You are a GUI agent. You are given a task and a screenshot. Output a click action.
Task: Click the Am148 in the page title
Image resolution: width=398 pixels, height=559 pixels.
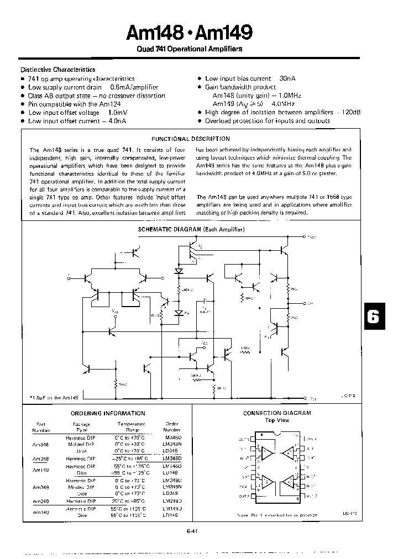pos(154,34)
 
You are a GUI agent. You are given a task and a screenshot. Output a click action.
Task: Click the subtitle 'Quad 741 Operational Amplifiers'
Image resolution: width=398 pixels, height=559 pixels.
pos(190,49)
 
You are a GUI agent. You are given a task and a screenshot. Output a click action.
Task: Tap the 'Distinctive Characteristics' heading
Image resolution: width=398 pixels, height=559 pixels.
pos(58,70)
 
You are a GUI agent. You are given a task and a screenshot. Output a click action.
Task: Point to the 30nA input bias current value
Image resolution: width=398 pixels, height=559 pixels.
pos(288,79)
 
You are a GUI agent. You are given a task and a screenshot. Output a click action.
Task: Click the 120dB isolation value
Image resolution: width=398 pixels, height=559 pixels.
pos(352,112)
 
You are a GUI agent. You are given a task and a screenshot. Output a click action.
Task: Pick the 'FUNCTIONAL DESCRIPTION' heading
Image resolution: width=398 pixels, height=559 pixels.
pos(191,139)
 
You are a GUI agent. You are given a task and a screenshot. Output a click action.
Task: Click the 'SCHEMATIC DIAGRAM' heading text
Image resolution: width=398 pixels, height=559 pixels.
pos(191,229)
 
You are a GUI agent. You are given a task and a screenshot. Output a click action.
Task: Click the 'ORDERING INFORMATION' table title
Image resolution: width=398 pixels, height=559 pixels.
pos(108,413)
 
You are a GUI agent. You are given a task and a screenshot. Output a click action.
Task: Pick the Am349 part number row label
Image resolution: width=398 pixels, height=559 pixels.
pos(40,488)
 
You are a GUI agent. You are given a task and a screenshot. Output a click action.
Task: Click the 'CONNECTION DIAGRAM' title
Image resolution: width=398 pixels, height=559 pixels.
pos(277,413)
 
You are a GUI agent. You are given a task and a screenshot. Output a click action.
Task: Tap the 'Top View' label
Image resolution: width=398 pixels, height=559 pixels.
pos(277,420)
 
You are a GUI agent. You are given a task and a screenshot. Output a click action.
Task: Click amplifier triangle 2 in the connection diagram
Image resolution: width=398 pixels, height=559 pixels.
pos(267,483)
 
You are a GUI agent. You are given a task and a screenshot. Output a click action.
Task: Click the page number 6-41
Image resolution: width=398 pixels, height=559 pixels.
pos(192,531)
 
